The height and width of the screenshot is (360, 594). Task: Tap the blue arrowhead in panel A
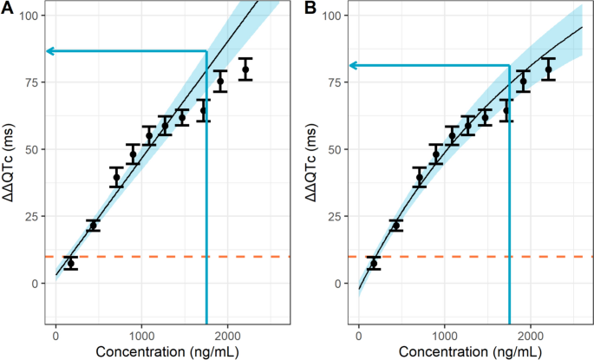point(50,52)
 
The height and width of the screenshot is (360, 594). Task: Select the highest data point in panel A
point(245,69)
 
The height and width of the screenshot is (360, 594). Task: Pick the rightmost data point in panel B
point(548,69)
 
